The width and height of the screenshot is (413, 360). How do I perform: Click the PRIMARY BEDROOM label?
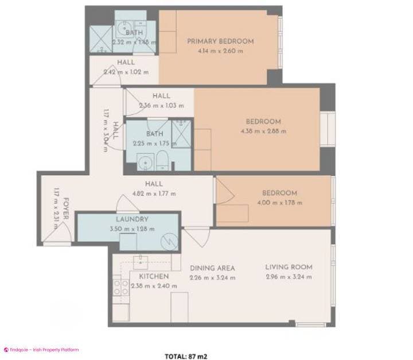tap(220, 41)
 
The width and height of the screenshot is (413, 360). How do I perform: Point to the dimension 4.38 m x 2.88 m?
tap(263, 131)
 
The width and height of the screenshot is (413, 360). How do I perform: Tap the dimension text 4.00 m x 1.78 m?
tap(279, 203)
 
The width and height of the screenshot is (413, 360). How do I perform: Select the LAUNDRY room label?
tap(132, 219)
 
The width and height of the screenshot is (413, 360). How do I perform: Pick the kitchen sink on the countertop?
tap(141, 262)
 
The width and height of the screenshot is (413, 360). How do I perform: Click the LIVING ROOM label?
tap(289, 267)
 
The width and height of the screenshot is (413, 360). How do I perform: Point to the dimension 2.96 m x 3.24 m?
tap(289, 277)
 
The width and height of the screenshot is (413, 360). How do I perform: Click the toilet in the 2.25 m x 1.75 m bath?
tap(163, 162)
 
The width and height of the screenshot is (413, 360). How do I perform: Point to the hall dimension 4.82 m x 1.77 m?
tap(154, 193)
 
